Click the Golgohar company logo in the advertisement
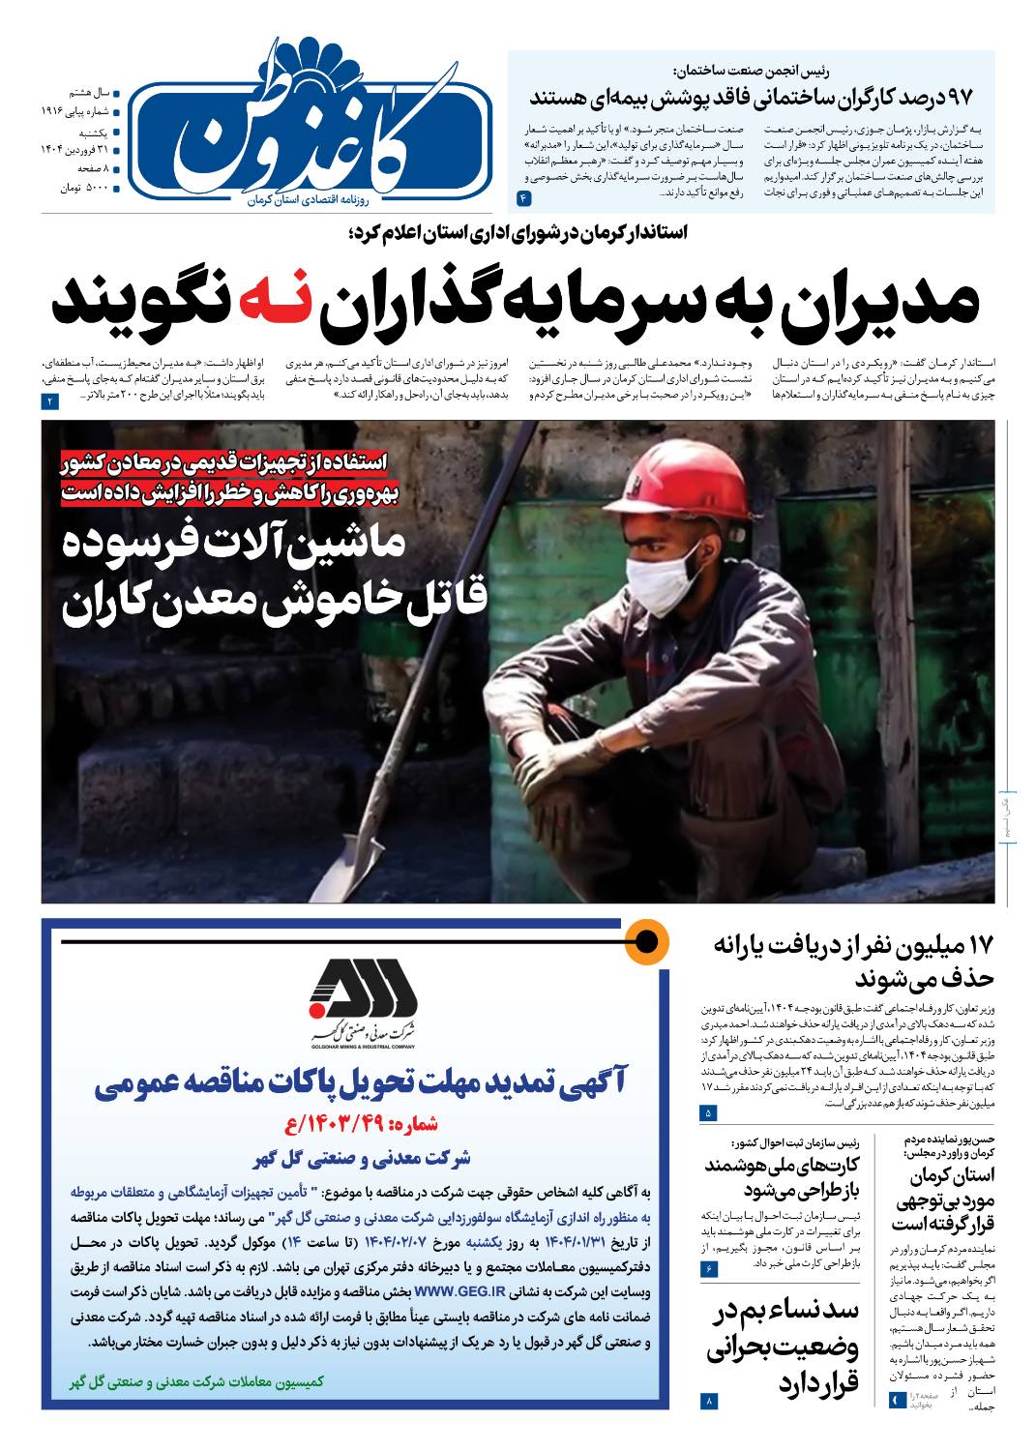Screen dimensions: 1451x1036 (362, 1001)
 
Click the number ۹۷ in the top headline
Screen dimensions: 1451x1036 (958, 98)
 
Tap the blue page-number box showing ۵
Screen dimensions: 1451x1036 (709, 1113)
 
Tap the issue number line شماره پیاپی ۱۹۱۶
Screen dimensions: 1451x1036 (77, 111)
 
